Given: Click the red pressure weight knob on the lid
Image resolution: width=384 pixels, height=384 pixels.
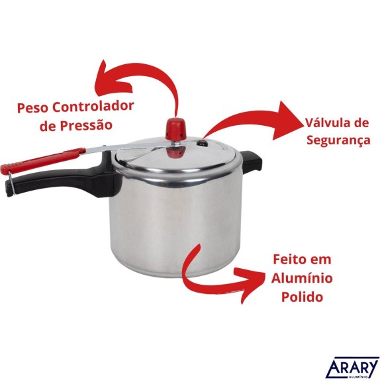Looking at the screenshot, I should pos(177,125).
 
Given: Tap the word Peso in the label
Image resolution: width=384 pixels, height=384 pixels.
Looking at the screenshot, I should pos(32,107).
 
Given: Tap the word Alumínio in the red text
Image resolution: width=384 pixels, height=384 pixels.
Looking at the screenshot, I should pos(302,279).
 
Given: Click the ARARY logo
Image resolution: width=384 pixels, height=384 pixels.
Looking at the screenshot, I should pos(353,368).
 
